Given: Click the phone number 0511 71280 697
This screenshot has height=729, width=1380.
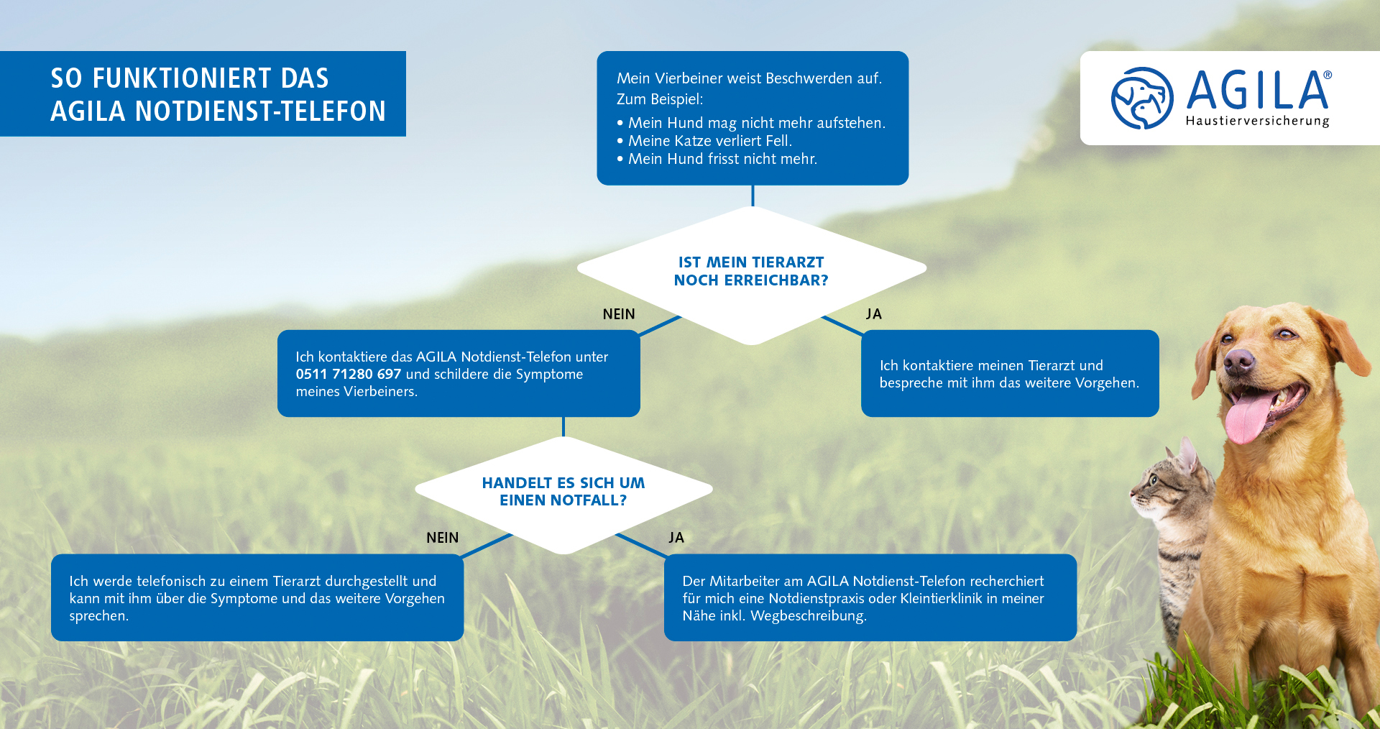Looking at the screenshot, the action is [349, 374].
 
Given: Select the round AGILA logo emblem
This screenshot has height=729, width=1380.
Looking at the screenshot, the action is [1142, 98].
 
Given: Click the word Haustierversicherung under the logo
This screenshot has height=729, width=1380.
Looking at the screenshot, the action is [1257, 121].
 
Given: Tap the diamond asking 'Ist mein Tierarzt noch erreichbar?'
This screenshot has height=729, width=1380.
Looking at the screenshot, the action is [752, 275].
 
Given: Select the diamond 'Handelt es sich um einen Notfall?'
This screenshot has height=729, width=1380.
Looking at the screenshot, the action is [563, 495].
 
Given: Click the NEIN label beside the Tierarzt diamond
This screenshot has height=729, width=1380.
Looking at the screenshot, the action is [619, 314].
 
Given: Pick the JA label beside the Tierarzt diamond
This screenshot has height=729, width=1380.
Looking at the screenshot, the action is [874, 314].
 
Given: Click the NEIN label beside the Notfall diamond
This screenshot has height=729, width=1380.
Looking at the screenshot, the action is [442, 538].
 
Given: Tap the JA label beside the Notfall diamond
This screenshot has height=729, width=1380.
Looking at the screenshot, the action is [676, 538].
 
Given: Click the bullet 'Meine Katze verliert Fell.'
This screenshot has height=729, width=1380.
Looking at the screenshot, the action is [704, 141].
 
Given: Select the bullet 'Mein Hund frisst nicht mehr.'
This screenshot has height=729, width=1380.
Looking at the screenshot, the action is [717, 159].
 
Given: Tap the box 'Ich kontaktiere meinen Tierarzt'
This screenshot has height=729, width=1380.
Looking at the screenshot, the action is [1010, 373].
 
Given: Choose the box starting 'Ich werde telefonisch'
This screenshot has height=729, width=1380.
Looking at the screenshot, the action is [257, 597].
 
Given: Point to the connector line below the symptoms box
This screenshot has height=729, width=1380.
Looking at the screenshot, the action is [753, 196].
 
